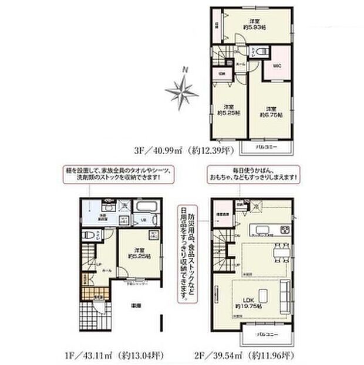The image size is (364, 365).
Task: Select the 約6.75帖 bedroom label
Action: click(269, 112)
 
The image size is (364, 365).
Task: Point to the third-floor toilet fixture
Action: click(262, 52)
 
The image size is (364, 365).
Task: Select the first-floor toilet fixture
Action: click(86, 234)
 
